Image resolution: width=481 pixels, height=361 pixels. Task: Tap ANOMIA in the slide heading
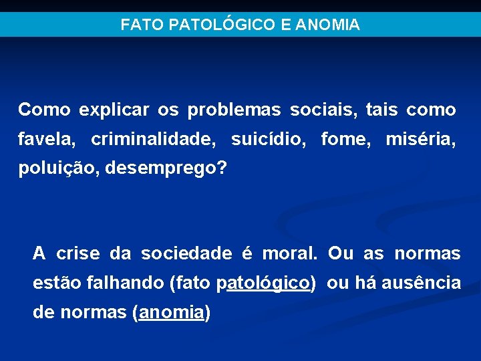(328, 25)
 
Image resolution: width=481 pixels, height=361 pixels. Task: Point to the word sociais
(325, 110)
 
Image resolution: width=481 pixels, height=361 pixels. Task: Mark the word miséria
(420, 140)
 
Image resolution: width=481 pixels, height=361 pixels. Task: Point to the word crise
(77, 254)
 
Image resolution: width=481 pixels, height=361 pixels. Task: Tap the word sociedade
(186, 254)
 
